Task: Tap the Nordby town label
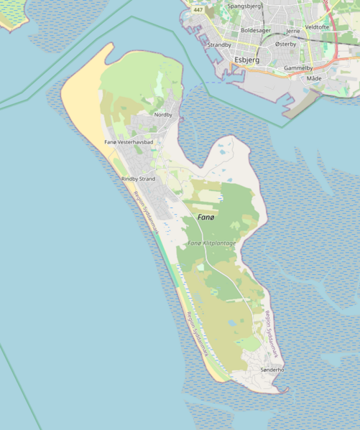163,114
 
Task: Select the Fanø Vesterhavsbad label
129,142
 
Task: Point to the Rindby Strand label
138,179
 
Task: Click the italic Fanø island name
206,216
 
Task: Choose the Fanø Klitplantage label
212,243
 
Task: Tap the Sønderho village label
272,369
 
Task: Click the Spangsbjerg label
244,6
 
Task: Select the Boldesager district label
256,30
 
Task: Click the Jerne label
292,32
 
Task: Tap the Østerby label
285,44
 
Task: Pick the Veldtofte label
317,27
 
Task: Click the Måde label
314,78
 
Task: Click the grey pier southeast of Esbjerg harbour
302,106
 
